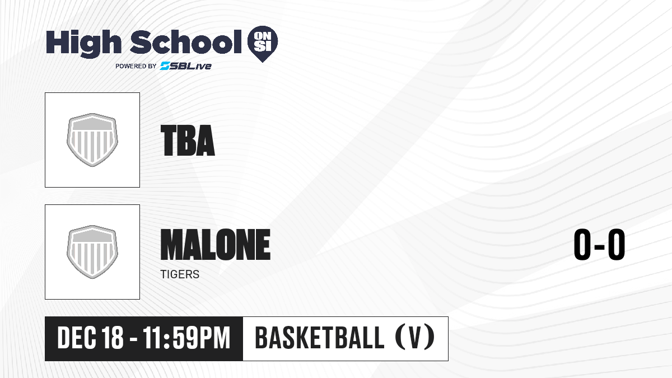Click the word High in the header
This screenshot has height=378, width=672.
(83, 44)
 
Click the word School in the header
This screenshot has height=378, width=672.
(186, 42)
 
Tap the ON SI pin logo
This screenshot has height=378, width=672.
(263, 44)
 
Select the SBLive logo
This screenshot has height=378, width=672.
(185, 66)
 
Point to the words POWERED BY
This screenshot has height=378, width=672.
(136, 66)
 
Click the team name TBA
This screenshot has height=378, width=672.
(188, 141)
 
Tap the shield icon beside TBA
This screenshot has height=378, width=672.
(92, 140)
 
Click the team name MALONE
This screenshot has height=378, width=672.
(216, 244)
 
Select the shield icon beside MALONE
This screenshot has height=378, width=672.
(92, 252)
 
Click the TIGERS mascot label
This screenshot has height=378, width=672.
(180, 274)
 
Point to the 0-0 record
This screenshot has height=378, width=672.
(599, 245)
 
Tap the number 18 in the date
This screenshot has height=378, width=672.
(113, 338)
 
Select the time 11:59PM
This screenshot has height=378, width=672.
(186, 338)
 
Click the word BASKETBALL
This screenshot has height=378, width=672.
(320, 338)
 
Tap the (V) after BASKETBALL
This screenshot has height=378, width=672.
(415, 338)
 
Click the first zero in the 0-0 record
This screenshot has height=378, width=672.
(582, 245)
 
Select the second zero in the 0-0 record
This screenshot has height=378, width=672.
(617, 245)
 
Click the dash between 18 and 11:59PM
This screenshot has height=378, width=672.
(133, 339)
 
